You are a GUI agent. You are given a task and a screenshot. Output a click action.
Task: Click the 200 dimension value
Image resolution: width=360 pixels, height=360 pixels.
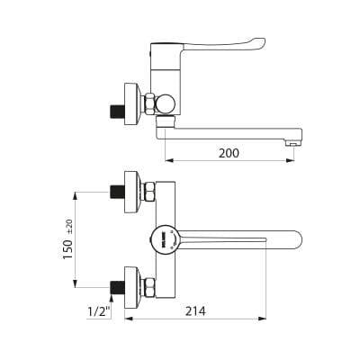pos(229,153)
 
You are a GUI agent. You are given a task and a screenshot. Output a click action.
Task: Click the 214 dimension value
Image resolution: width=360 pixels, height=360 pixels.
pos(195,311)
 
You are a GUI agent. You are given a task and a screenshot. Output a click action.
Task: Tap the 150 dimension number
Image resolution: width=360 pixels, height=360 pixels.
pos(67,249)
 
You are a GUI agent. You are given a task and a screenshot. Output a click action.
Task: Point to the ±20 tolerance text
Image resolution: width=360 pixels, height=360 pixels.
pos(69,227)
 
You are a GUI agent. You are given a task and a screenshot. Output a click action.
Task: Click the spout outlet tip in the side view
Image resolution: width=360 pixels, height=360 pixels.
pos(293,144)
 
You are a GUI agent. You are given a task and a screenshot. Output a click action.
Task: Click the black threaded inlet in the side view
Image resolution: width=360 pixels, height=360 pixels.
pos(117,111)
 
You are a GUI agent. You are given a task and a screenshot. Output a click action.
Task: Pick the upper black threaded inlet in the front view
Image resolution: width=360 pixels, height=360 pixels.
pos(117,192)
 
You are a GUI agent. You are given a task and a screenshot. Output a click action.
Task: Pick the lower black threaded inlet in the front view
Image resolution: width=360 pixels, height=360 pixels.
pos(117,287)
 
